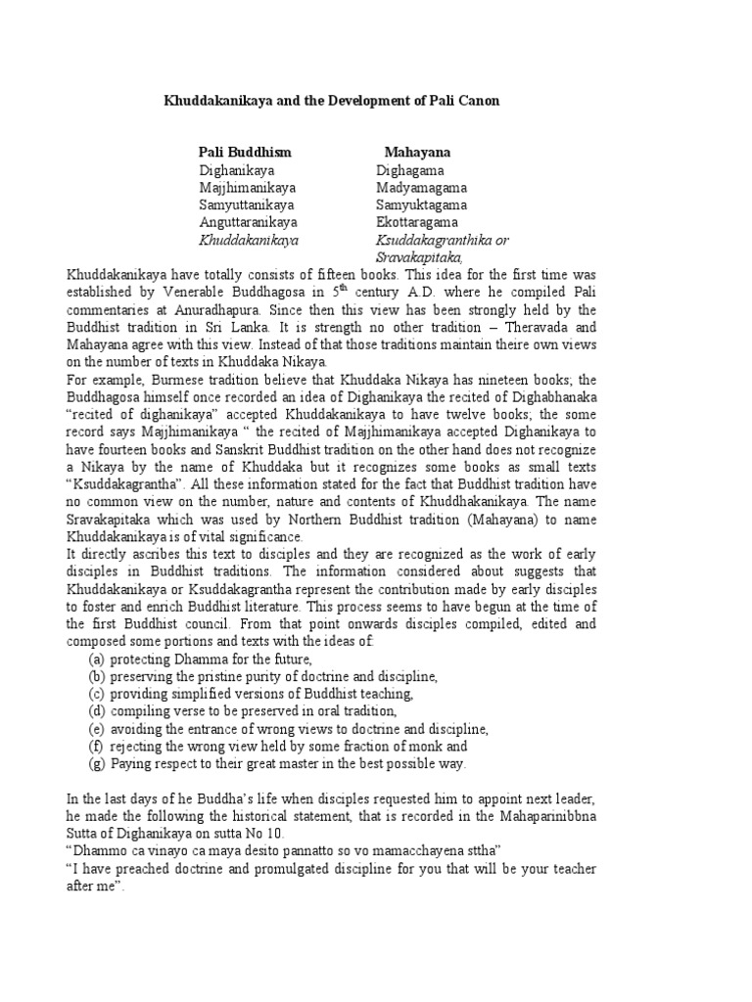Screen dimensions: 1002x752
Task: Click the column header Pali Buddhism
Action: tap(245, 153)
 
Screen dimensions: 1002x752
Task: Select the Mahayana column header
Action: tap(417, 153)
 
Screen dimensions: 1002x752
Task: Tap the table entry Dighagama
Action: tap(410, 170)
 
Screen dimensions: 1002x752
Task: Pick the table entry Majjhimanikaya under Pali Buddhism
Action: tap(248, 188)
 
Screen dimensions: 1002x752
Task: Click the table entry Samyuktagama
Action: tap(421, 205)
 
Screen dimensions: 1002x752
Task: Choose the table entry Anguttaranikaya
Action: tap(249, 223)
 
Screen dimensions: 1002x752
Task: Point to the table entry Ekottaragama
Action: tap(415, 223)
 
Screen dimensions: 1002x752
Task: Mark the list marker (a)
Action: tap(96, 659)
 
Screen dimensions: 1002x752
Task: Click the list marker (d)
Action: tap(96, 711)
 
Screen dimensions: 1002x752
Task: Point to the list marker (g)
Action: tap(96, 764)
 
